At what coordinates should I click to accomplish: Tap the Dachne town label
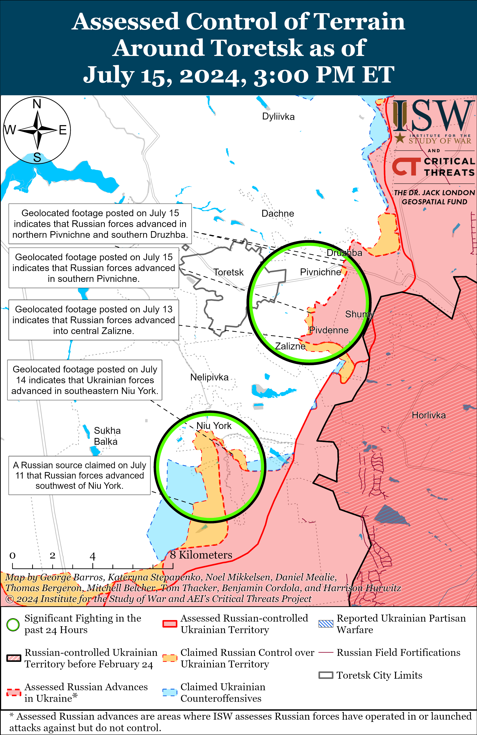click(278, 213)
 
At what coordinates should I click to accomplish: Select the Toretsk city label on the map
click(228, 272)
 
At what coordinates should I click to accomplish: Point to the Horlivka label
click(429, 415)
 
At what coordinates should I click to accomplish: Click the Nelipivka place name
click(209, 377)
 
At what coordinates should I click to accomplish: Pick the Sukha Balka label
click(107, 436)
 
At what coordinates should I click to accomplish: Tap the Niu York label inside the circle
click(214, 426)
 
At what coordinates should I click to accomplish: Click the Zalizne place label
click(290, 346)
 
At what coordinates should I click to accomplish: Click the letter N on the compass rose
click(37, 104)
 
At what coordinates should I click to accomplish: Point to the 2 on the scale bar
click(53, 556)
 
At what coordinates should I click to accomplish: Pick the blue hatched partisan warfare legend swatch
click(326, 623)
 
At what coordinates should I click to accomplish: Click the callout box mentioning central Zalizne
click(94, 320)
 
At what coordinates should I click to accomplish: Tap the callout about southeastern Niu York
click(85, 380)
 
